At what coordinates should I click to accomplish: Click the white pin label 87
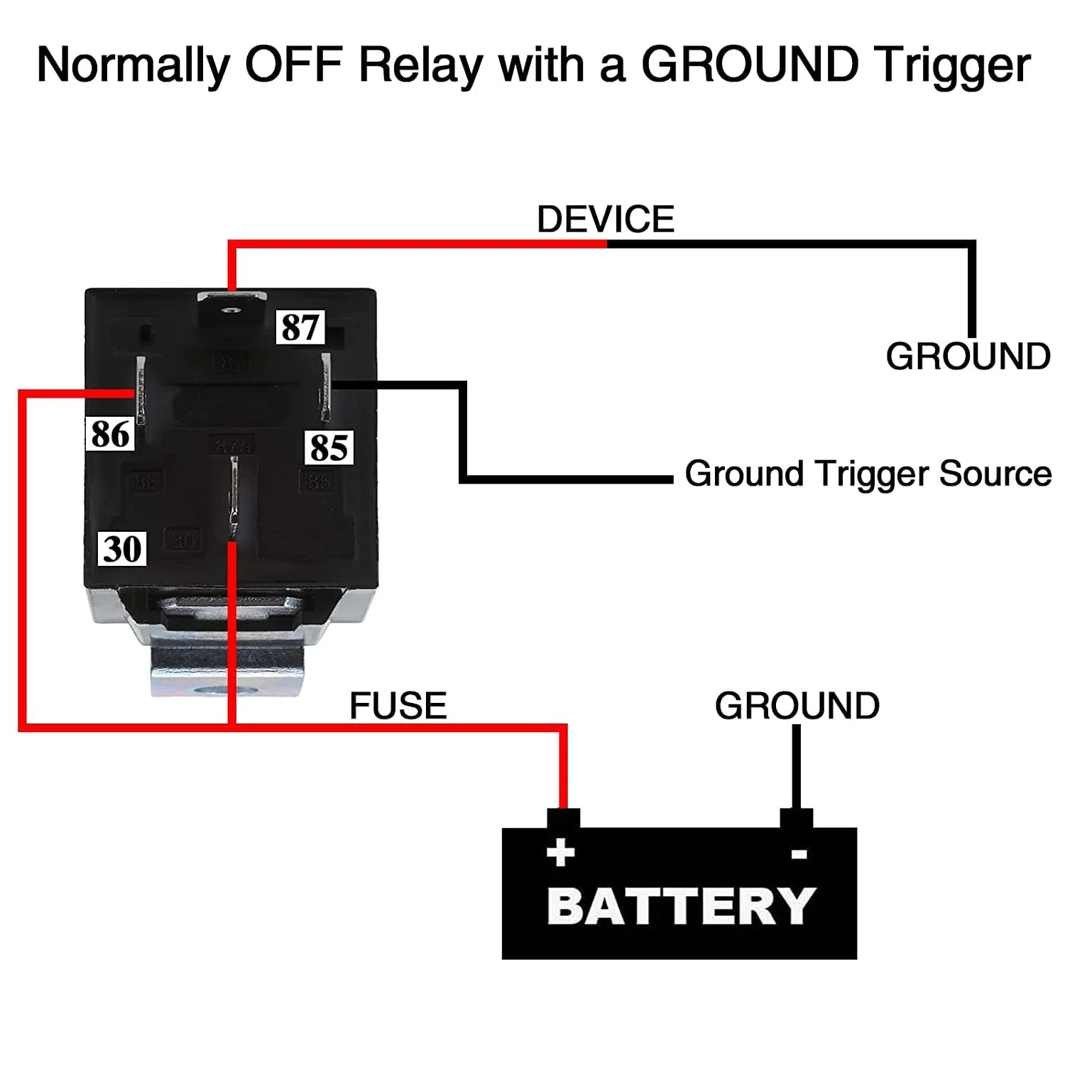(300, 327)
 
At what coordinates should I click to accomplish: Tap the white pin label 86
(110, 434)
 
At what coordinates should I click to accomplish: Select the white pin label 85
(329, 447)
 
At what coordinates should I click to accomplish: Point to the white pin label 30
(122, 549)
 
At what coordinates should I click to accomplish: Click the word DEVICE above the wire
(605, 219)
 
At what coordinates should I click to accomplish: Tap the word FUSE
(398, 706)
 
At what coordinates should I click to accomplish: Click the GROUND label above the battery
(797, 706)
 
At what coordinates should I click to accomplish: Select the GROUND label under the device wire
(968, 356)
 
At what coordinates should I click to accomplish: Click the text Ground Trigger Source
(868, 474)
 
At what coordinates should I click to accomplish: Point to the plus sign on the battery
(560, 852)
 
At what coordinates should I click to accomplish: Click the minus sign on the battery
(799, 854)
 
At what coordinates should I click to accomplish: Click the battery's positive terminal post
(563, 818)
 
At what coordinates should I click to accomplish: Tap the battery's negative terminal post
(797, 818)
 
